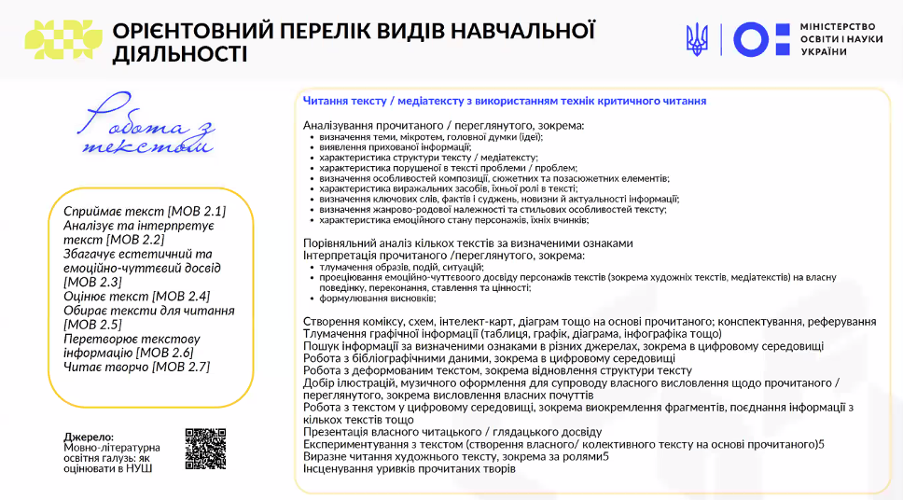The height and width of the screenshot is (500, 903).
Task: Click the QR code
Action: tap(205, 449)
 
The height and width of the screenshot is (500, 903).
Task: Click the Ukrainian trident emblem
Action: tap(696, 38)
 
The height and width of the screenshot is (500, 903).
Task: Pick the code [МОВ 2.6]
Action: tap(164, 353)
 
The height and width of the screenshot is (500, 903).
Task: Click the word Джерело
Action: tap(89, 437)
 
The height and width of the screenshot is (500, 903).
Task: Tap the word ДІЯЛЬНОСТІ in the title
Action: tap(180, 53)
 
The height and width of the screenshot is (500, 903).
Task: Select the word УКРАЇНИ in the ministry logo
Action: tap(824, 51)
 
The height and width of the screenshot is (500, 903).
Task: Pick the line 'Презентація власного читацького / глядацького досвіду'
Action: tap(451, 432)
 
